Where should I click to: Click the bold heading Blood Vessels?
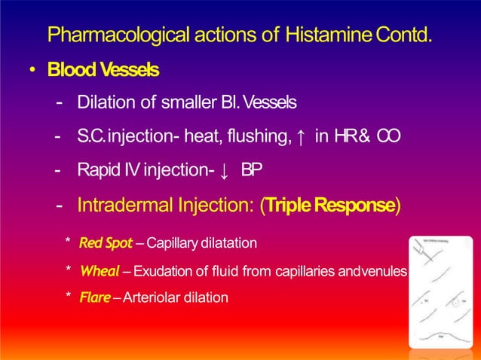pyautogui.click(x=103, y=70)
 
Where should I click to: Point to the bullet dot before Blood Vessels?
pyautogui.click(x=33, y=71)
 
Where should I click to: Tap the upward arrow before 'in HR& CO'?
pyautogui.click(x=301, y=137)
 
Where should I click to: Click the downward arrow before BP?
pyautogui.click(x=226, y=170)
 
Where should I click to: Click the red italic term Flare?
pyautogui.click(x=94, y=297)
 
